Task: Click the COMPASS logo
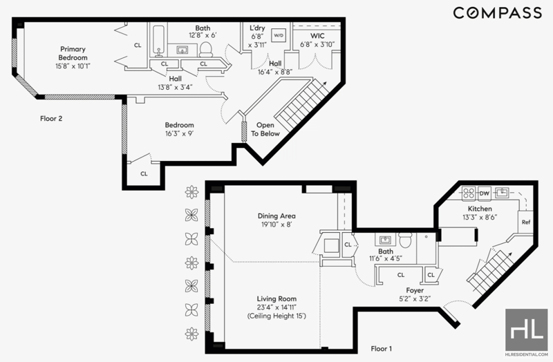click(497, 13)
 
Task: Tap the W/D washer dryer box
click(279, 35)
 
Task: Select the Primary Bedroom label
click(73, 53)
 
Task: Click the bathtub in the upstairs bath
click(158, 40)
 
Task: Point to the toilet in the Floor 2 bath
click(205, 49)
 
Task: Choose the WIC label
click(317, 36)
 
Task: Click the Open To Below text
click(265, 129)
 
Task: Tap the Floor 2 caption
click(51, 118)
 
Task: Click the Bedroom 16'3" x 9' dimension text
click(180, 133)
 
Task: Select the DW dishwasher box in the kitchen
click(485, 193)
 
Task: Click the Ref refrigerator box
click(526, 222)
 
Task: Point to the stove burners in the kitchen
click(469, 193)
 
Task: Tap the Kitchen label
click(480, 209)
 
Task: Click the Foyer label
click(415, 290)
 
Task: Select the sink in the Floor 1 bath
click(385, 240)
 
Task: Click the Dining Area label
click(276, 216)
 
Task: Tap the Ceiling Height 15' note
click(276, 316)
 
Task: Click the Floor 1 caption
click(382, 349)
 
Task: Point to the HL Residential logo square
click(526, 330)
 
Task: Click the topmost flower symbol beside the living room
click(192, 192)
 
